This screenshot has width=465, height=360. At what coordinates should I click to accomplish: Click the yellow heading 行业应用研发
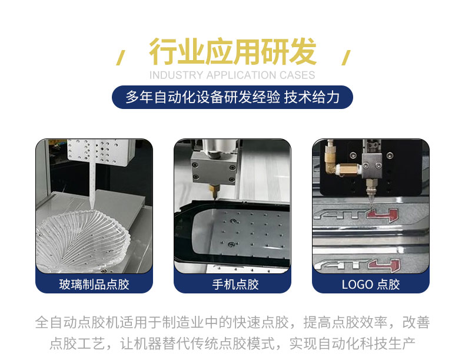[x=232, y=52]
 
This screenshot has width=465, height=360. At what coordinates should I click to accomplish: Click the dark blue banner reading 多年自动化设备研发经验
[x=232, y=97]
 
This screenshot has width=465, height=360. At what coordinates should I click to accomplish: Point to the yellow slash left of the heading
[x=120, y=58]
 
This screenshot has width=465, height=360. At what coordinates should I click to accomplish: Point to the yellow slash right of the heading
[x=346, y=58]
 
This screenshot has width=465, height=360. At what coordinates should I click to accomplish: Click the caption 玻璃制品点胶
[x=94, y=285]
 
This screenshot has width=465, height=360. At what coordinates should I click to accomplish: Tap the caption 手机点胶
[x=235, y=285]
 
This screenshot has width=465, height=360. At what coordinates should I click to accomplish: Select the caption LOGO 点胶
[x=371, y=285]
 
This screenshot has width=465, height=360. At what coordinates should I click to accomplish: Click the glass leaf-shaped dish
[x=82, y=240]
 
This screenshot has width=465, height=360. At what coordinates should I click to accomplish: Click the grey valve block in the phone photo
[x=214, y=169]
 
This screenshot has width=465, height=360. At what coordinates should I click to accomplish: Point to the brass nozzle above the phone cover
[x=214, y=191]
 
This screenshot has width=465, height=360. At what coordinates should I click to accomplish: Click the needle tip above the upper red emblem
[x=370, y=206]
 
